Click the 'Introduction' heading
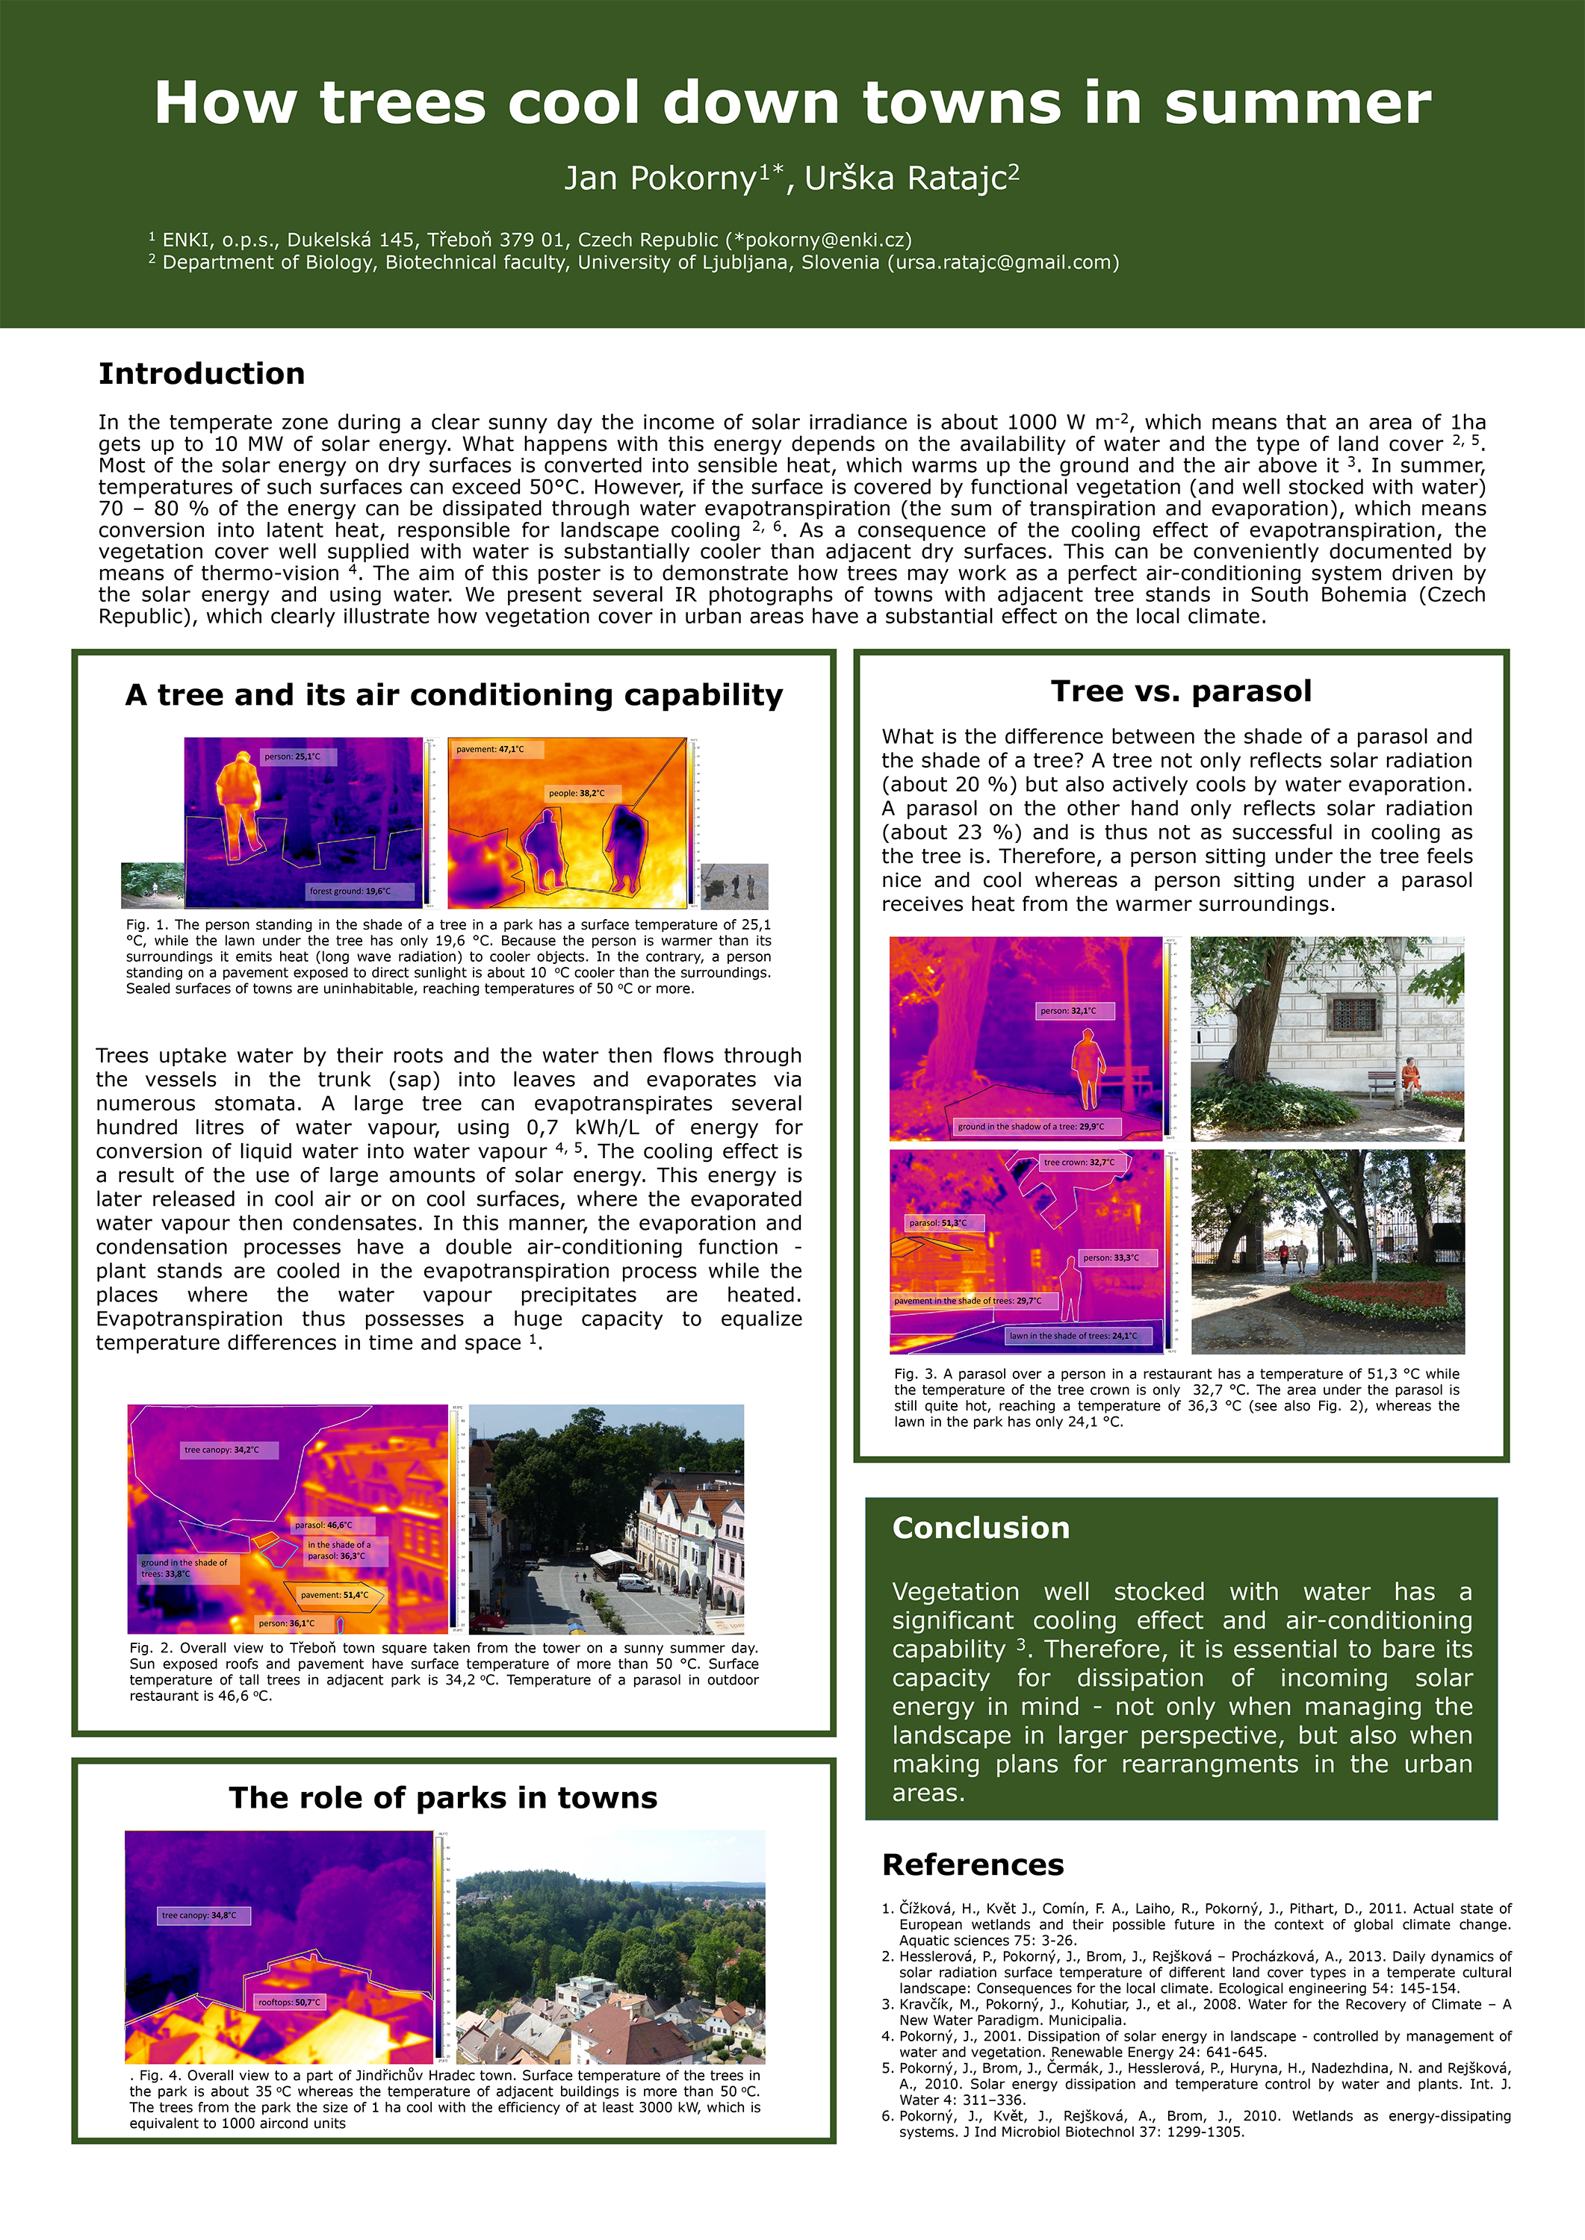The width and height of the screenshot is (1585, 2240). (201, 373)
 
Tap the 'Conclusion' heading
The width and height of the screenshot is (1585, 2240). (980, 1528)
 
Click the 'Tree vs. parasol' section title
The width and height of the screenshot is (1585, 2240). (1181, 691)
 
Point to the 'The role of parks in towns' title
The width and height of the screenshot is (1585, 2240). (443, 1797)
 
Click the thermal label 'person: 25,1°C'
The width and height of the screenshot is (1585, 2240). (292, 756)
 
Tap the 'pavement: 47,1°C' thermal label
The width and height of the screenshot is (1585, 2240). (490, 749)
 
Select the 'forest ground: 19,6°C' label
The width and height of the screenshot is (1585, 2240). (350, 891)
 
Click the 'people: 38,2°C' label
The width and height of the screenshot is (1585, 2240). (577, 793)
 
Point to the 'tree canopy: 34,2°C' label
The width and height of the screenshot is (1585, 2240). (223, 1450)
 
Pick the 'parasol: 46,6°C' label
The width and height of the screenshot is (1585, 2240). (324, 1524)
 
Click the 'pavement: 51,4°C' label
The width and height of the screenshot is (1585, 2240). (335, 1595)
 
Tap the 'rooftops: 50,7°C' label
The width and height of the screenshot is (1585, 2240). (289, 2002)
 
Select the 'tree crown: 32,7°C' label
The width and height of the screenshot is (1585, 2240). (1079, 1162)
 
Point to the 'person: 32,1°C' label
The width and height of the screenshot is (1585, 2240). (1067, 1011)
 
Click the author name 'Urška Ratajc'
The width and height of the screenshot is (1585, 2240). (907, 178)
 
